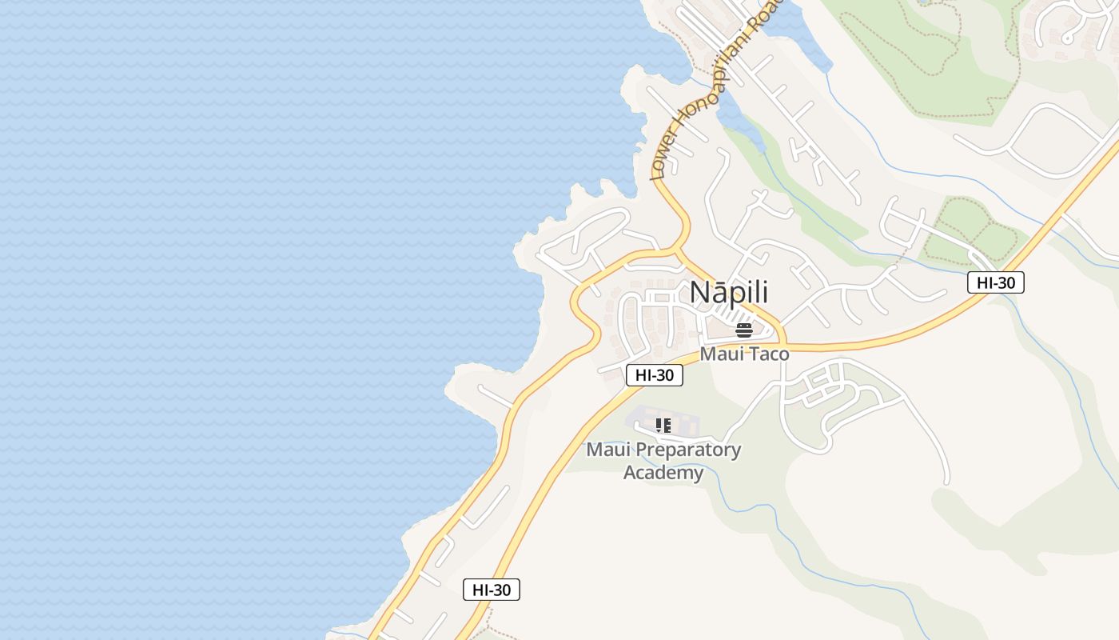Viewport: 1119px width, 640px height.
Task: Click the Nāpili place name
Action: coord(729,293)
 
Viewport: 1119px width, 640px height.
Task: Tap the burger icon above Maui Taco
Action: coord(744,330)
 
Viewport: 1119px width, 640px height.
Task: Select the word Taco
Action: coord(767,354)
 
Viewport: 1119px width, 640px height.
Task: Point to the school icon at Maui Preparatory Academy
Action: coord(663,426)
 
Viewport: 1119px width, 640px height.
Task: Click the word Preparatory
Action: coord(683,450)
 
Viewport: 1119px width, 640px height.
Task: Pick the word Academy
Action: coord(663,472)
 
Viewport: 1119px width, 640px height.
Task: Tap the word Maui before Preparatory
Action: coord(603,450)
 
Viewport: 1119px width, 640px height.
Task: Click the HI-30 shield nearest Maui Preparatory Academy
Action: coord(654,375)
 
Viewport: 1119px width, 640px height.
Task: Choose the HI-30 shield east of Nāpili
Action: coord(995,282)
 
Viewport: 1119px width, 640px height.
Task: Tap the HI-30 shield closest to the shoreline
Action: coord(492,590)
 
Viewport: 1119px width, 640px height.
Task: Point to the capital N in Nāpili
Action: coord(699,293)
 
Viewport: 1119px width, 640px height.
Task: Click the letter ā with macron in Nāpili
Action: coord(718,293)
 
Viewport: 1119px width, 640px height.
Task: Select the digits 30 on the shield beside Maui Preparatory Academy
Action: coord(664,375)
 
